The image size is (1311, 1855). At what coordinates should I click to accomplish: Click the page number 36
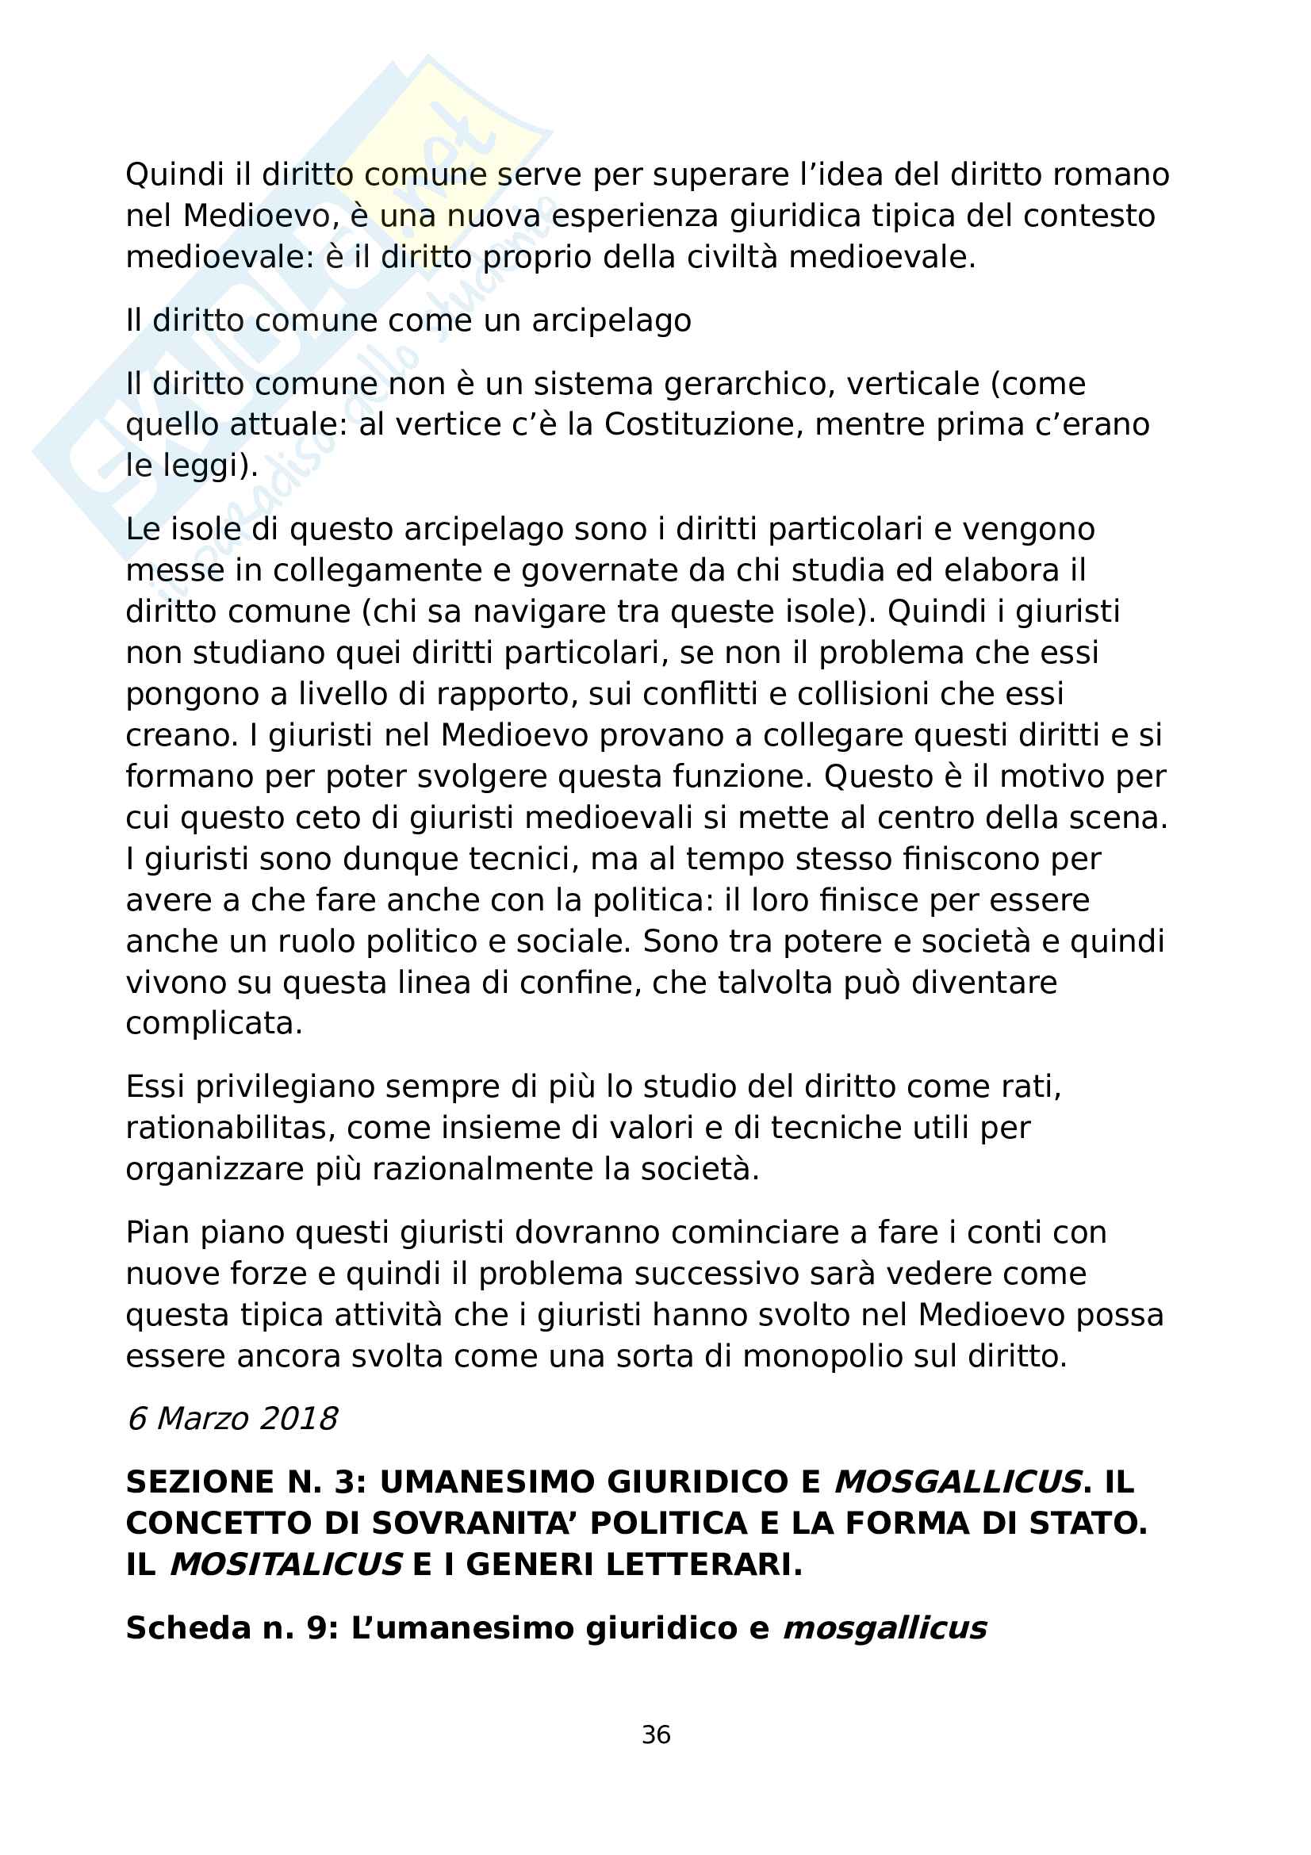click(655, 1734)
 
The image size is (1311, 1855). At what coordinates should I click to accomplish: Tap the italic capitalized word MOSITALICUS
click(286, 1565)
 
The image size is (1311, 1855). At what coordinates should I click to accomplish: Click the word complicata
click(214, 1024)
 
